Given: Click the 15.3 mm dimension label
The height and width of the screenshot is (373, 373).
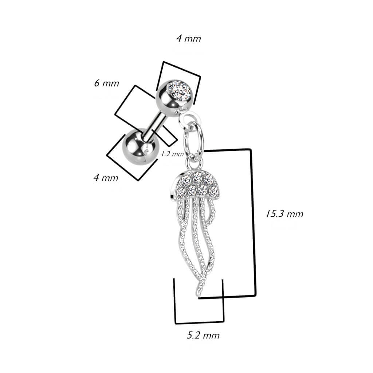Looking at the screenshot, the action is click(x=284, y=213).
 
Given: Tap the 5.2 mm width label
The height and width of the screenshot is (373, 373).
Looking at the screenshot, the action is click(x=203, y=335).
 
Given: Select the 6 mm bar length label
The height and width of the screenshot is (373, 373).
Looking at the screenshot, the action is click(x=107, y=83).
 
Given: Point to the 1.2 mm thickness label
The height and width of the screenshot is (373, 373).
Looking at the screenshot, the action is click(x=172, y=154).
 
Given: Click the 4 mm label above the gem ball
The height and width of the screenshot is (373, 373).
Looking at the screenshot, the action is click(x=189, y=39).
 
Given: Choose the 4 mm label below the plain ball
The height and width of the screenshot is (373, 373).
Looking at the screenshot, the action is click(x=106, y=178).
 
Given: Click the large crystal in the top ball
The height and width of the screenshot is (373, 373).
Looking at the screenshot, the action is click(x=180, y=91).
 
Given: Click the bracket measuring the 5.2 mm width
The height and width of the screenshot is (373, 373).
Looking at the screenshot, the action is click(x=199, y=323).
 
